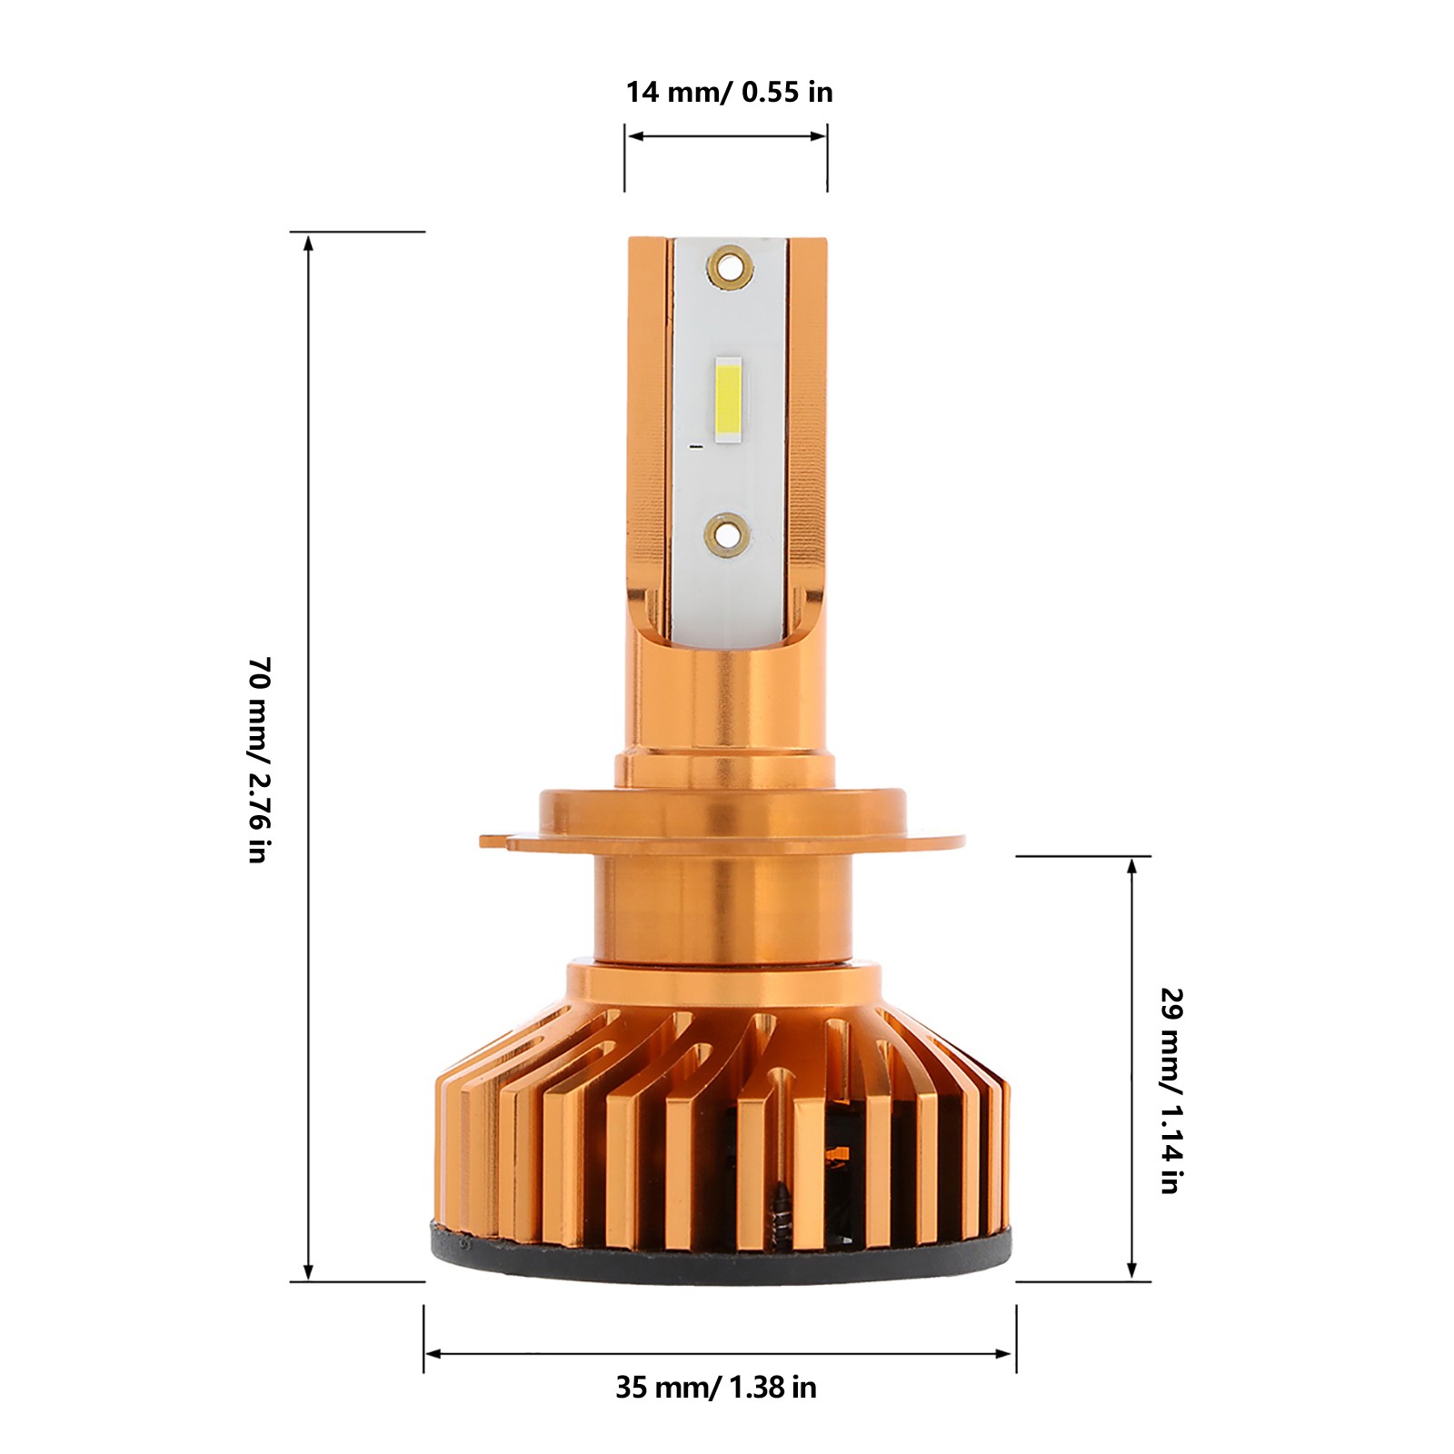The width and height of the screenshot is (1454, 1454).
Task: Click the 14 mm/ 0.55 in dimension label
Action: [729, 92]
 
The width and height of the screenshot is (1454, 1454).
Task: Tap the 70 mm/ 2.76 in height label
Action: [260, 759]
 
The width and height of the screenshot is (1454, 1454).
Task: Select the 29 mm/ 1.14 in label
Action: [1172, 1090]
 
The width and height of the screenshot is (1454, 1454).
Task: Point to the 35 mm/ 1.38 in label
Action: [716, 1388]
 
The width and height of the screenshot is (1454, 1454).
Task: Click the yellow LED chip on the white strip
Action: [729, 401]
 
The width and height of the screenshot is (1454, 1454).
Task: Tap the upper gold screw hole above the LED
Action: [730, 266]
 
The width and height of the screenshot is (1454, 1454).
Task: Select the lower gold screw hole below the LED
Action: [730, 533]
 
